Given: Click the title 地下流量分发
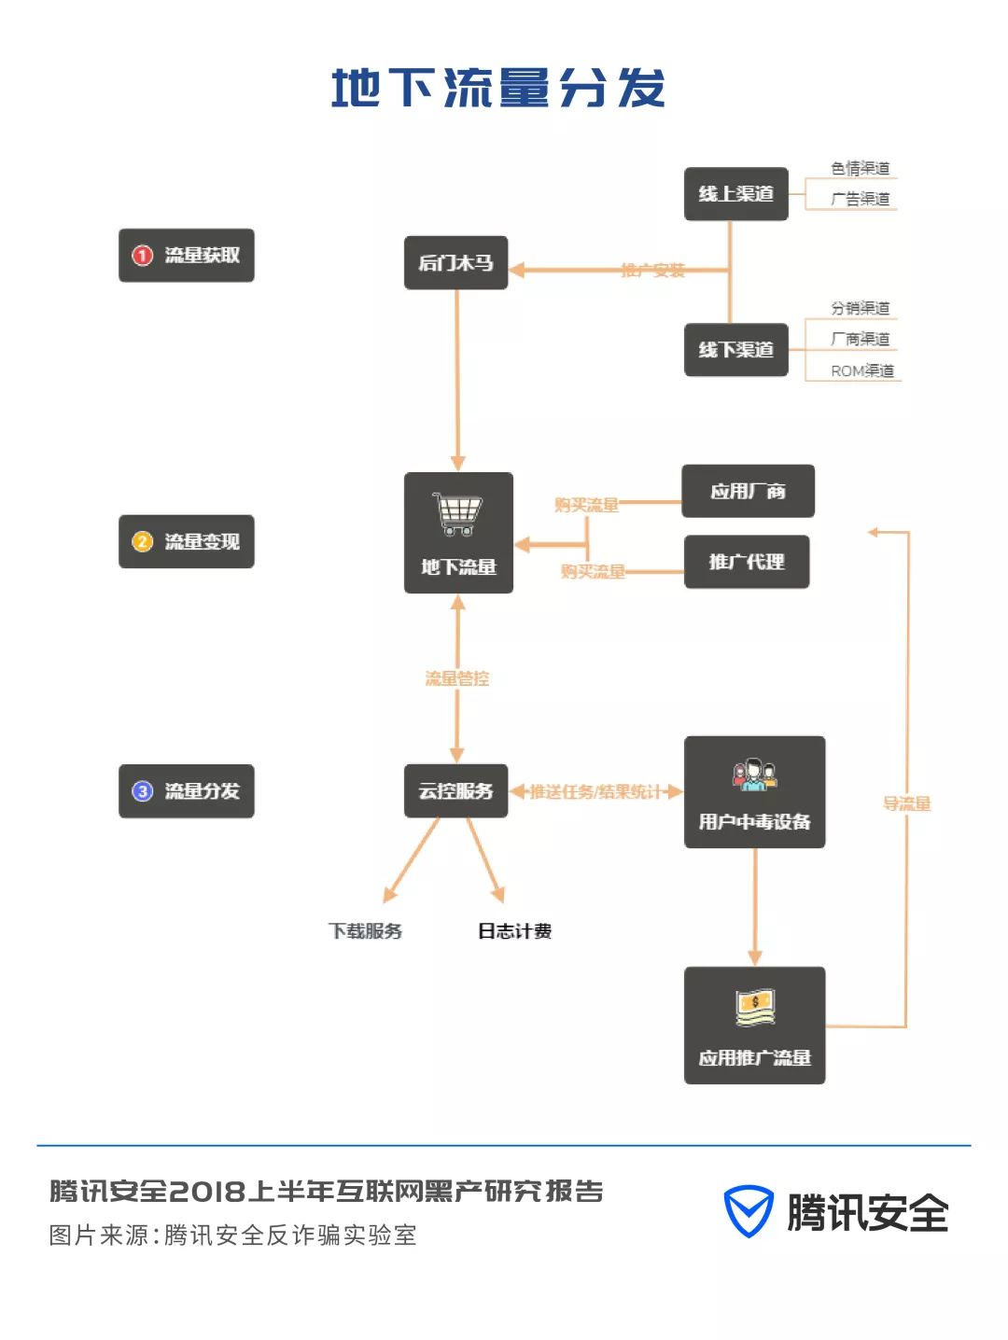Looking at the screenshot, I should tap(497, 89).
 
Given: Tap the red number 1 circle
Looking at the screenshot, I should tap(142, 256).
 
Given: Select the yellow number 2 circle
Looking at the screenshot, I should tap(142, 541).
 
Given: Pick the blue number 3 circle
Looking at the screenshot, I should tap(142, 791).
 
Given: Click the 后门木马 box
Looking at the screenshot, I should tap(455, 263).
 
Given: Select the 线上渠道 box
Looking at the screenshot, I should tap(735, 194).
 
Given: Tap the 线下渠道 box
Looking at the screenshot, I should tap(735, 350).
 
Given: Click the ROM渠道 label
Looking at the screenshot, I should tap(861, 370).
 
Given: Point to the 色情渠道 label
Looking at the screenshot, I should tap(860, 168).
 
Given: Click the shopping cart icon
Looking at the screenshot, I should tap(457, 514).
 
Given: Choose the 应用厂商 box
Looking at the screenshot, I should tap(748, 491).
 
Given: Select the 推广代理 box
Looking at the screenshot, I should tap(746, 562).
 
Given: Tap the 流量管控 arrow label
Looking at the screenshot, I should tap(456, 678).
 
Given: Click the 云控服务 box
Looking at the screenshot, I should tap(455, 791).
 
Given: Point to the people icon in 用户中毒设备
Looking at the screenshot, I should tap(754, 775).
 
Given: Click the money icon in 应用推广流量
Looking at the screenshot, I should tap(754, 1007).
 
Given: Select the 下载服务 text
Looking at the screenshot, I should tap(365, 930).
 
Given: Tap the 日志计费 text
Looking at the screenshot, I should tap(514, 930).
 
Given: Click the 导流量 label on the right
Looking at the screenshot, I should tap(906, 803).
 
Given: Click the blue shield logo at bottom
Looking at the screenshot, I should tap(749, 1211).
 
